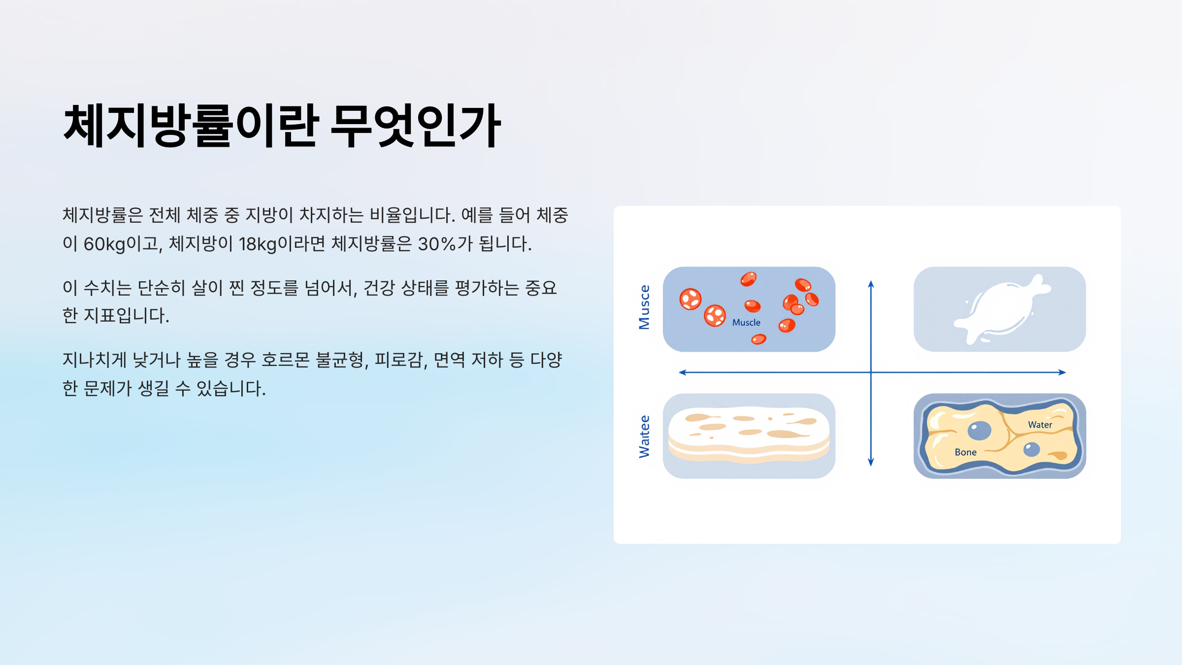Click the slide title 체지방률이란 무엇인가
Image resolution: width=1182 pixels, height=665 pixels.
click(x=282, y=126)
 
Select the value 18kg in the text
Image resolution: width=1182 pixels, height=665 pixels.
click(x=258, y=244)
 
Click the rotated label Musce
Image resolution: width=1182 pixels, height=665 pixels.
click(x=644, y=307)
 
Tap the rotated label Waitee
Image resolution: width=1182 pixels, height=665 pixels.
click(x=644, y=436)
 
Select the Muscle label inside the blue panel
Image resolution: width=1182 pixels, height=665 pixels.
click(x=746, y=323)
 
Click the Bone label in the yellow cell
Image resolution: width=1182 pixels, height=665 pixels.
click(x=965, y=452)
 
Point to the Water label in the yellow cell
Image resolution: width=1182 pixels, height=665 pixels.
click(x=1040, y=425)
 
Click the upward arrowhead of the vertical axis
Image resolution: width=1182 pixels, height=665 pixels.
click(x=871, y=284)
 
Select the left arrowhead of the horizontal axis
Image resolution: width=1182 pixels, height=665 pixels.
click(x=683, y=372)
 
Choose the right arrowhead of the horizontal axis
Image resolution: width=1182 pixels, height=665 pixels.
click(x=1062, y=372)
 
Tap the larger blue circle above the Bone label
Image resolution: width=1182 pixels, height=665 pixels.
click(x=979, y=431)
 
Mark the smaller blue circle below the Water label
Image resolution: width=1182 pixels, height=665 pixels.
click(x=1031, y=449)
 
